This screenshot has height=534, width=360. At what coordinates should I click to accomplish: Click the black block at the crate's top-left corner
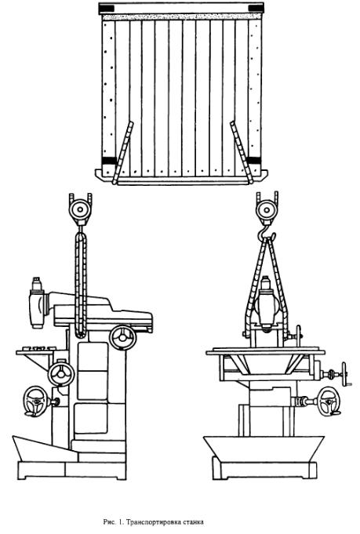point(107,8)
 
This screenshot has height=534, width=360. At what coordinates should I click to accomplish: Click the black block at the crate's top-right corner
point(256,8)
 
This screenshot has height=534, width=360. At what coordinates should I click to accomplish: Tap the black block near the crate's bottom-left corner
point(109,161)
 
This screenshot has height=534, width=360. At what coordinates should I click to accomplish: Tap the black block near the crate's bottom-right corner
point(253,161)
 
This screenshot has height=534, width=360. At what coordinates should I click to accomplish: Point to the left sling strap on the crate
point(123,153)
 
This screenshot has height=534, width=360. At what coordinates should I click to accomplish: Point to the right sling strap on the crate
point(241,153)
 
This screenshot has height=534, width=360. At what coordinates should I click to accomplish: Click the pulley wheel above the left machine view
point(80,210)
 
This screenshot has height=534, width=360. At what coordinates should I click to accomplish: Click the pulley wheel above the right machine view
point(267,210)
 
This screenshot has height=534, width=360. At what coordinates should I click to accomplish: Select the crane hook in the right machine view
point(267,231)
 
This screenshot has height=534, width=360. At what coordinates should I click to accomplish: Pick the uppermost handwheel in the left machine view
point(122,337)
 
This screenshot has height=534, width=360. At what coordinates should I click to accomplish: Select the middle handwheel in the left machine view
point(61,375)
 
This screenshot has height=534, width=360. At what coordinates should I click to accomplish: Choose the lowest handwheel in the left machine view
point(35,401)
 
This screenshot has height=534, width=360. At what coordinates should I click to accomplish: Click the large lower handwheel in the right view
point(329,401)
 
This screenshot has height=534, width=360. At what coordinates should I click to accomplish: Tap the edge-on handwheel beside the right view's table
point(344,374)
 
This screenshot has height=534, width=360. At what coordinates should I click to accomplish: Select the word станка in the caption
point(192,521)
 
